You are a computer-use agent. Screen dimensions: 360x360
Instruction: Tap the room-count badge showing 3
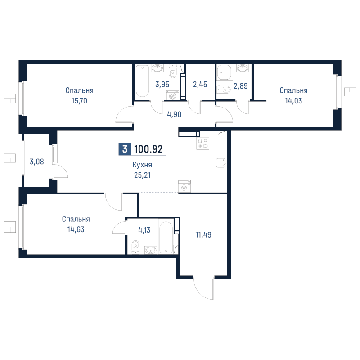[125, 149]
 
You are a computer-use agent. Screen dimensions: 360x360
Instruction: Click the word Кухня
[142, 165]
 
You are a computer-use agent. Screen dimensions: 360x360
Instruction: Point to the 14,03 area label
[293, 101]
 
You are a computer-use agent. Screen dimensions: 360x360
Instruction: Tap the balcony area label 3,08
[36, 161]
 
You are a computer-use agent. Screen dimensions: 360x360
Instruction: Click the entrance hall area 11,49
[203, 234]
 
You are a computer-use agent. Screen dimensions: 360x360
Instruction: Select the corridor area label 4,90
[174, 114]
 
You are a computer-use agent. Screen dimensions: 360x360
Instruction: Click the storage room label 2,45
[200, 84]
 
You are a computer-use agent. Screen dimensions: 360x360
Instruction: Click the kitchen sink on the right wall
[221, 162]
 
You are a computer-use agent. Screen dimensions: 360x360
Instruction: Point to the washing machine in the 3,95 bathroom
[172, 95]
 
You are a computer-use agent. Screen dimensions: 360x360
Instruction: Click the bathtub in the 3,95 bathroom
[142, 81]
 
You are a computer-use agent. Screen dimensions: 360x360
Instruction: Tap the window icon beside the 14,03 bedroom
[350, 92]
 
